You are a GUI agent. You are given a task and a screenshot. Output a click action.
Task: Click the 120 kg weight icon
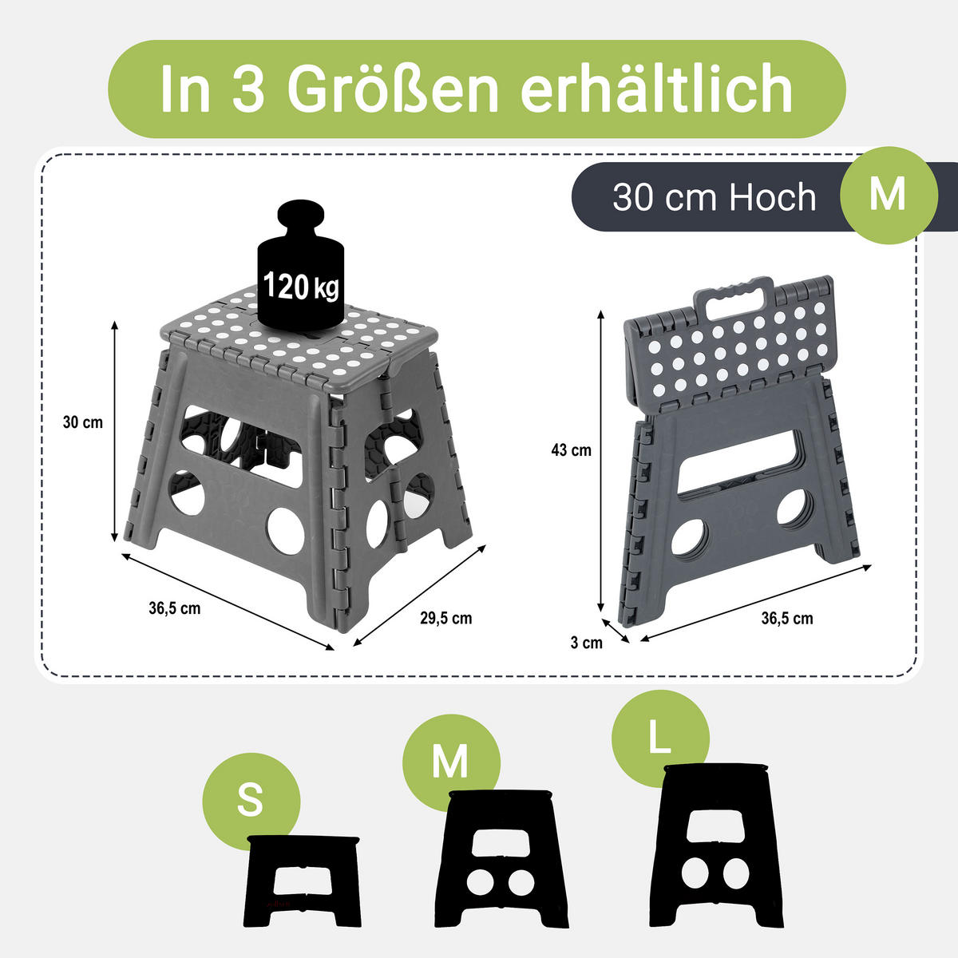300,266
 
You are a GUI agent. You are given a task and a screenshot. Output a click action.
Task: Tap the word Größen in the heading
393,89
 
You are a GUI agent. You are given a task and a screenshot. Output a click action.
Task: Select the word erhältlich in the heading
656,89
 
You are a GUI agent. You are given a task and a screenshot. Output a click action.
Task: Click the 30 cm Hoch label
715,197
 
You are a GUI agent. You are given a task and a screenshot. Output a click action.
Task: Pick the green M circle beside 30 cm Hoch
889,196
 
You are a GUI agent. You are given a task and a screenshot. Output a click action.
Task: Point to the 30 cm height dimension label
82,422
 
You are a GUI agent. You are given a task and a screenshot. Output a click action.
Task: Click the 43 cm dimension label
572,450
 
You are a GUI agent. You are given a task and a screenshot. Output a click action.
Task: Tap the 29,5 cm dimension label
446,619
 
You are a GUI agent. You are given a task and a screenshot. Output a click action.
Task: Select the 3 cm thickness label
586,643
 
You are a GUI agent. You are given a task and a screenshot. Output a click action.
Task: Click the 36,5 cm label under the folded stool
787,619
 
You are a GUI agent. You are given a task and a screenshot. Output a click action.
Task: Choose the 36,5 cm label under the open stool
175,608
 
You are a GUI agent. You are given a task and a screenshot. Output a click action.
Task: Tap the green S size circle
251,801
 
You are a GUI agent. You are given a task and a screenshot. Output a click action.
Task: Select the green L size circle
660,738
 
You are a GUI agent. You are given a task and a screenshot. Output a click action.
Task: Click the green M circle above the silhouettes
451,762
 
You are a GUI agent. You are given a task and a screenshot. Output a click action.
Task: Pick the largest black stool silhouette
716,845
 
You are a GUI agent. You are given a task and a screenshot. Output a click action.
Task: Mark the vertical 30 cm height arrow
114,432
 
